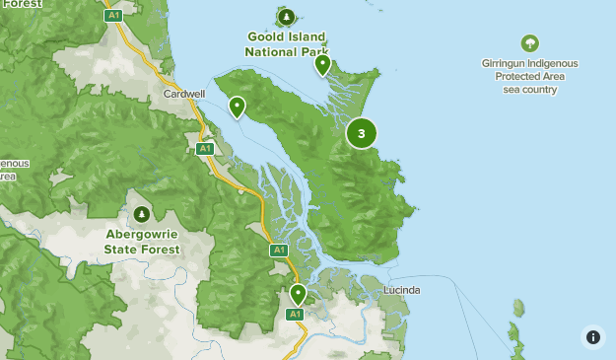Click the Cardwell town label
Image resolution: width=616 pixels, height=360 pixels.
pos(184,95)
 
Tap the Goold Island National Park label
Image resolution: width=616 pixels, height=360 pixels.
pos(286,44)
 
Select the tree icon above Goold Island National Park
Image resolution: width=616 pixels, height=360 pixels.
pos(286,17)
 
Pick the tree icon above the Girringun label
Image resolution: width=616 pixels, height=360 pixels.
pos(529,43)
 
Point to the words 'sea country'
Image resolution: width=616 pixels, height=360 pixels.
pos(529,90)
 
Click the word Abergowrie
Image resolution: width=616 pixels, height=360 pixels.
pos(142,236)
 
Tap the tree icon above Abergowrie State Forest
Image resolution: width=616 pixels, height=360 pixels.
pos(142,214)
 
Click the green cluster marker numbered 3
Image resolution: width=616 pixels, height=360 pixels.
pos(361,133)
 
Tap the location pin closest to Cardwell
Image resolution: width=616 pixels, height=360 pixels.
pos(237,107)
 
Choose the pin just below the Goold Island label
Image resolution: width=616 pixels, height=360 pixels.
pos(322,65)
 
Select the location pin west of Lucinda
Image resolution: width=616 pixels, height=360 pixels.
pos(298,294)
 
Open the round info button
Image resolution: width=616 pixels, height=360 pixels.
pos(592,336)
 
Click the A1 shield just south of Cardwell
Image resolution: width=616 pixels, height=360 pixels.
pos(204,149)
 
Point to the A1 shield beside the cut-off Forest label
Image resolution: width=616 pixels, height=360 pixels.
pos(113,16)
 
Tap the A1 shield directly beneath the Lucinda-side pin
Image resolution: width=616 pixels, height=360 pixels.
pos(294,315)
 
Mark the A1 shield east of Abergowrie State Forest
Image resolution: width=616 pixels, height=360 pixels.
pos(279,251)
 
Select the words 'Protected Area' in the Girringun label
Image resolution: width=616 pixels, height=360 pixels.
pos(529,76)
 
